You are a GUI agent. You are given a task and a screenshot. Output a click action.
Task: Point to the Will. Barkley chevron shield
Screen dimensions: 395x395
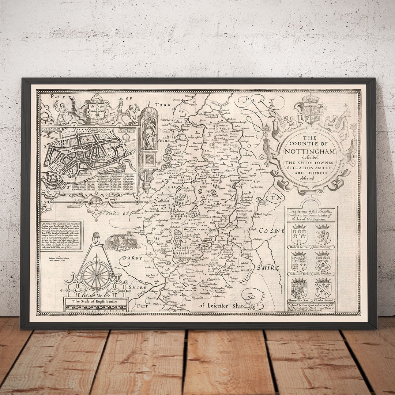click(323, 262)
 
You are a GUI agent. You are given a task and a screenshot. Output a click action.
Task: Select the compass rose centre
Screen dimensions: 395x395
click(97, 275)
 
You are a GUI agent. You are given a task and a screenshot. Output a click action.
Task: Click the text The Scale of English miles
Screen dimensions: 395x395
click(95, 301)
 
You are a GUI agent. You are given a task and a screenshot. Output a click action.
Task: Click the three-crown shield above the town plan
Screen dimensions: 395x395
click(97, 109)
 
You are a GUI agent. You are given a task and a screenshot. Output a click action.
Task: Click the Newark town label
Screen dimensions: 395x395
click(244, 218)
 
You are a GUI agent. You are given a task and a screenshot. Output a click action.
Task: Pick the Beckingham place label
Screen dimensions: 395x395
click(267, 214)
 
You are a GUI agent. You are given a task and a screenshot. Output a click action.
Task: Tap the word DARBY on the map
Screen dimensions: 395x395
click(132, 258)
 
